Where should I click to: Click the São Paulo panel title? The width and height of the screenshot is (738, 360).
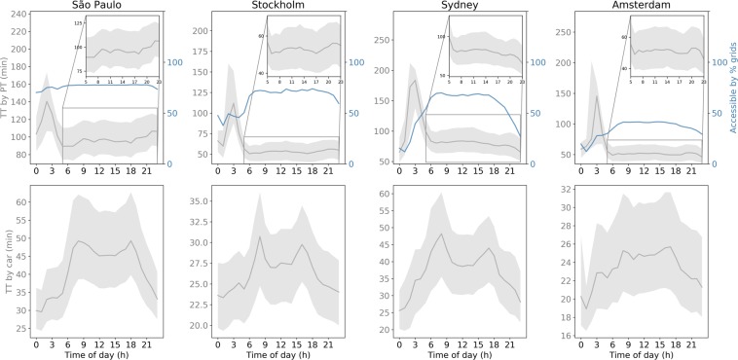[95, 7]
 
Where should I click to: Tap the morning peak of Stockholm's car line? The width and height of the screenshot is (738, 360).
[260, 235]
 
